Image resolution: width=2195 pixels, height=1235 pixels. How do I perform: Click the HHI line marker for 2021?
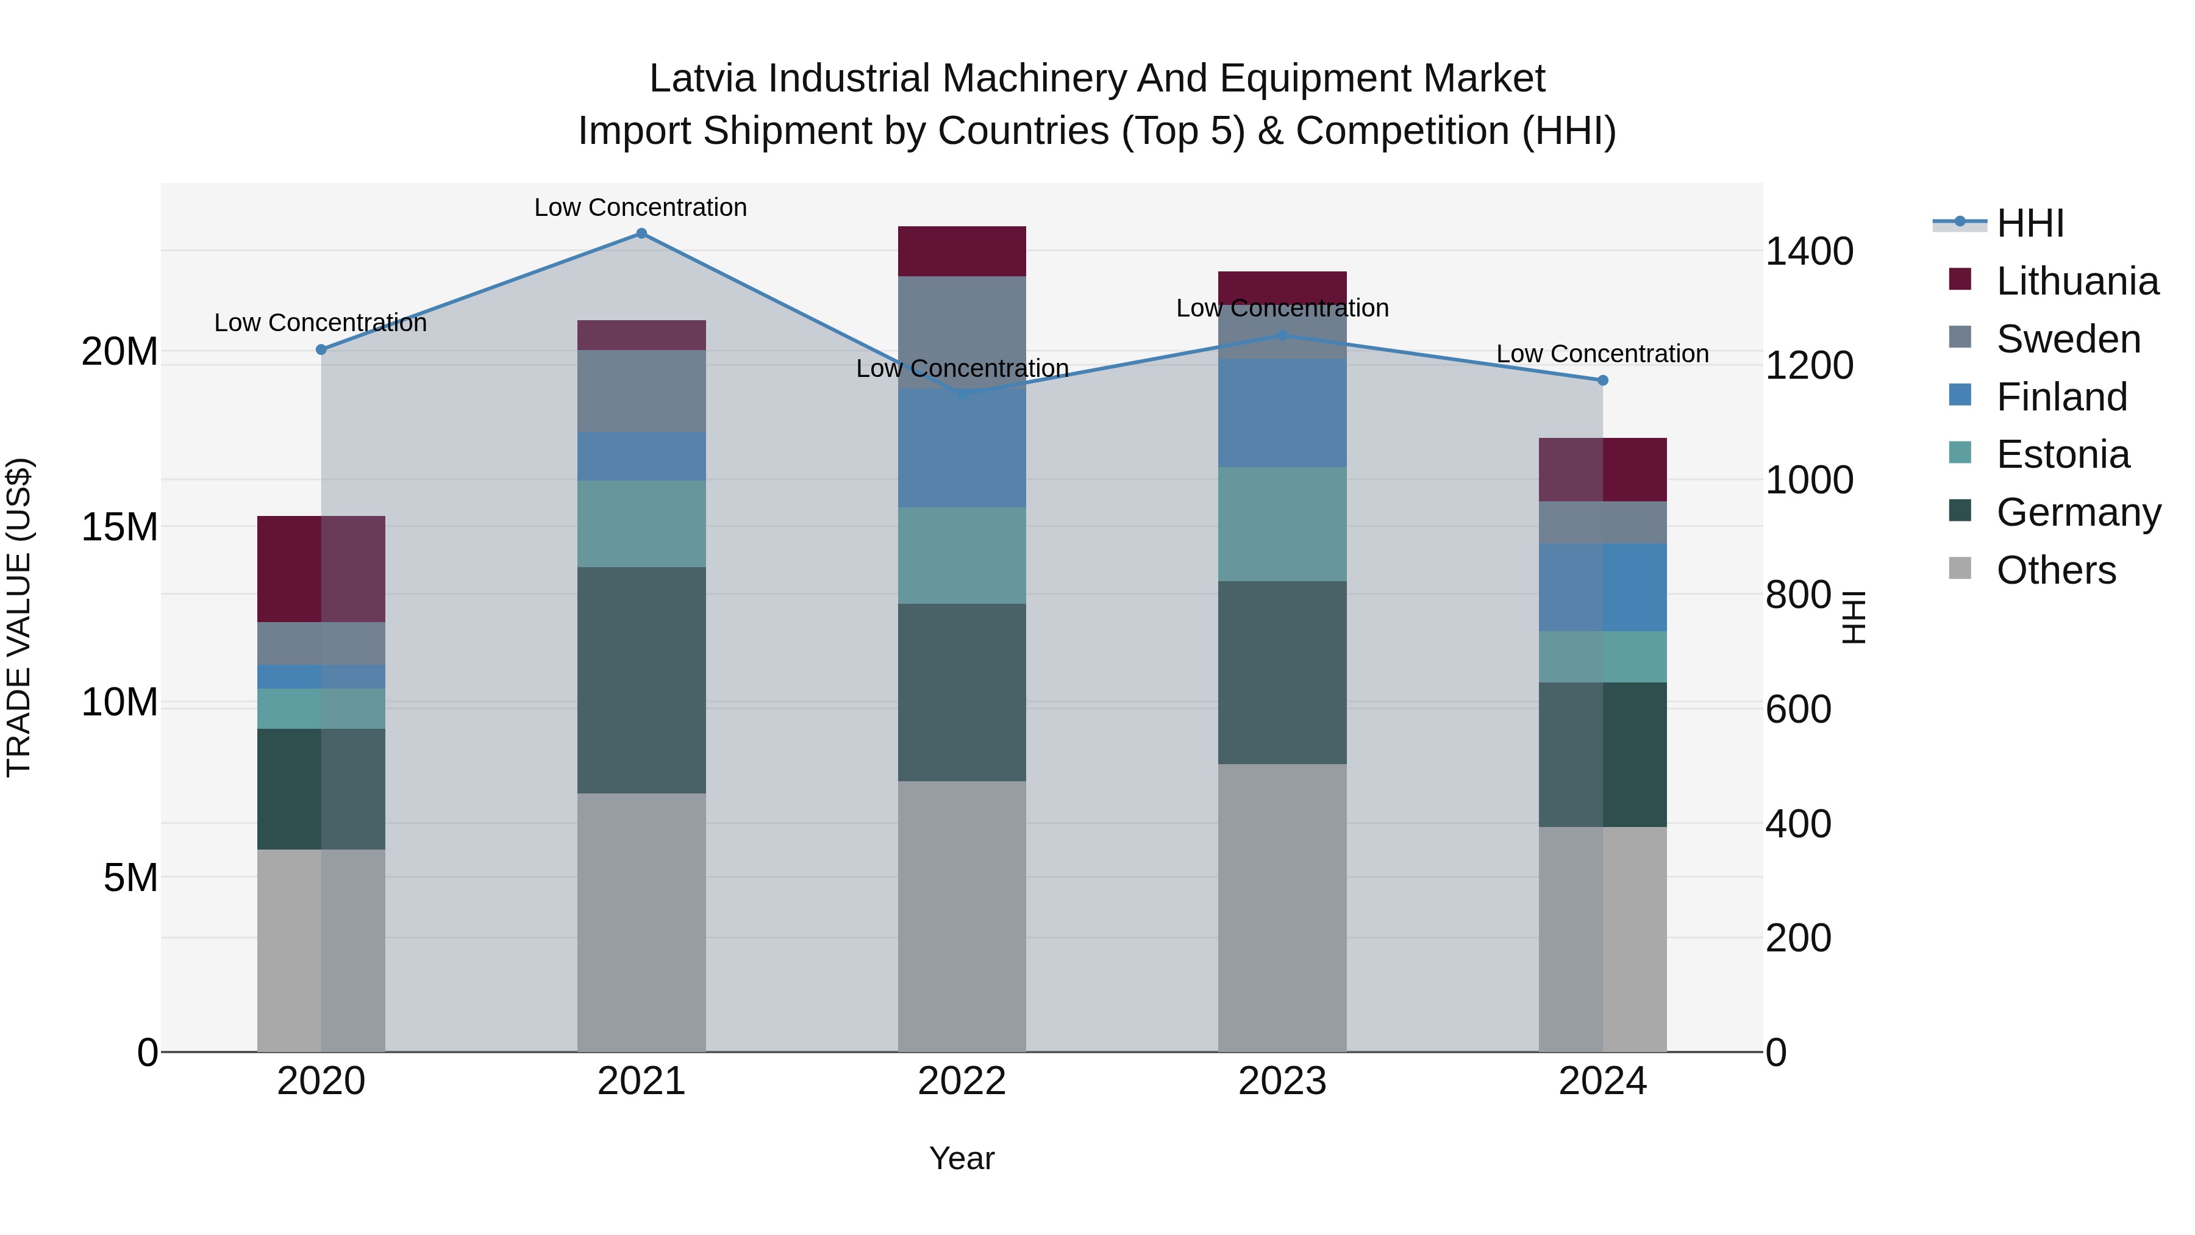pyautogui.click(x=641, y=234)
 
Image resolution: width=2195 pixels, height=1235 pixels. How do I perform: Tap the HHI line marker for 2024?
pyautogui.click(x=1603, y=380)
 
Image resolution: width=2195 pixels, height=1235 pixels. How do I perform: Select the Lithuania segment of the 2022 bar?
pyautogui.click(x=962, y=251)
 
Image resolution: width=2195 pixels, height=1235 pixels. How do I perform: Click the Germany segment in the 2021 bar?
pyautogui.click(x=641, y=680)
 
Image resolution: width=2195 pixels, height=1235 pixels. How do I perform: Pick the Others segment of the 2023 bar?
pyautogui.click(x=1282, y=907)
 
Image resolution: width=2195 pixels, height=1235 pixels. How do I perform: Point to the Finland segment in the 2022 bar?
pyautogui.click(x=962, y=448)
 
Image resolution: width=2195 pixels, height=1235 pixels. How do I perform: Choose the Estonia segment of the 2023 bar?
pyautogui.click(x=1282, y=524)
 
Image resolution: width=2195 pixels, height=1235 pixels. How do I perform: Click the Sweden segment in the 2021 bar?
pyautogui.click(x=641, y=391)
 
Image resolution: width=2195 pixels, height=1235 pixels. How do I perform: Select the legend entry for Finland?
pyautogui.click(x=2061, y=397)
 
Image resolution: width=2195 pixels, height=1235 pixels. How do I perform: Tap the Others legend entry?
pyautogui.click(x=2055, y=570)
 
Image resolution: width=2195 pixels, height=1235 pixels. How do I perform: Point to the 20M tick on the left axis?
pyautogui.click(x=120, y=351)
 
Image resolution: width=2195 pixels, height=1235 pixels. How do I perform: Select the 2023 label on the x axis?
pyautogui.click(x=1282, y=1081)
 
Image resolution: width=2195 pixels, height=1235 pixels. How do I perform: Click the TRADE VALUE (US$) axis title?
pyautogui.click(x=19, y=617)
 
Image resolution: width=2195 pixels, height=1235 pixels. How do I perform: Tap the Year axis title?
pyautogui.click(x=962, y=1158)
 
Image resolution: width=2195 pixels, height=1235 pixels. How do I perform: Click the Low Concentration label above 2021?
pyautogui.click(x=641, y=207)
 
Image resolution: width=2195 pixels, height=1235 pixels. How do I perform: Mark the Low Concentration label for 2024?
pyautogui.click(x=1602, y=354)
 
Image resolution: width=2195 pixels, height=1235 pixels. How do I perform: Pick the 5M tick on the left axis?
pyautogui.click(x=130, y=877)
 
